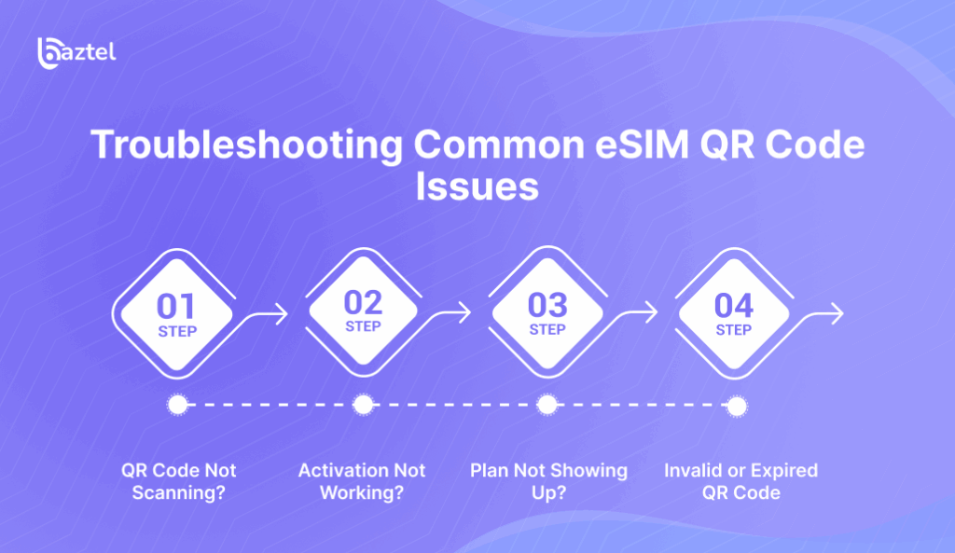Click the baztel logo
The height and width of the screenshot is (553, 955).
click(x=76, y=53)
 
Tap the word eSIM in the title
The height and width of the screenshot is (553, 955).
click(x=642, y=145)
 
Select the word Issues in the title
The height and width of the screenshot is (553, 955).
click(x=477, y=187)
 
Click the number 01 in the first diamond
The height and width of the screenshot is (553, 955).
click(x=176, y=307)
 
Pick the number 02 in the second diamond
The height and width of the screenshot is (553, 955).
click(x=363, y=303)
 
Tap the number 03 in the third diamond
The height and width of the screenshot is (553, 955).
click(x=547, y=306)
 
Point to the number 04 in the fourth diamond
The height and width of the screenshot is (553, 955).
click(x=734, y=306)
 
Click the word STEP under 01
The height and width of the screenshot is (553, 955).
click(x=177, y=332)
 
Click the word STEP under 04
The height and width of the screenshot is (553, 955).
click(x=733, y=330)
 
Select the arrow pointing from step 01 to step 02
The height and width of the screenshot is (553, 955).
click(x=263, y=315)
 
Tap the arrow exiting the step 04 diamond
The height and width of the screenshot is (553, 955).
click(x=820, y=315)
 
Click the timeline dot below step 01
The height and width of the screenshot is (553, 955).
click(x=178, y=405)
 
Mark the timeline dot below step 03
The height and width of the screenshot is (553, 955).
click(x=547, y=405)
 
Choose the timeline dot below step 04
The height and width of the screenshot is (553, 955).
click(x=737, y=407)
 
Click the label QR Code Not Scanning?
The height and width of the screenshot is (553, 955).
click(x=178, y=481)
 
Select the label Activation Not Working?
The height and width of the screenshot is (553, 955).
click(x=362, y=481)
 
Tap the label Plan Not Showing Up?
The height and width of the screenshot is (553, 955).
click(x=548, y=481)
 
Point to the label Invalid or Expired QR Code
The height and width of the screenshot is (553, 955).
click(x=740, y=481)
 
